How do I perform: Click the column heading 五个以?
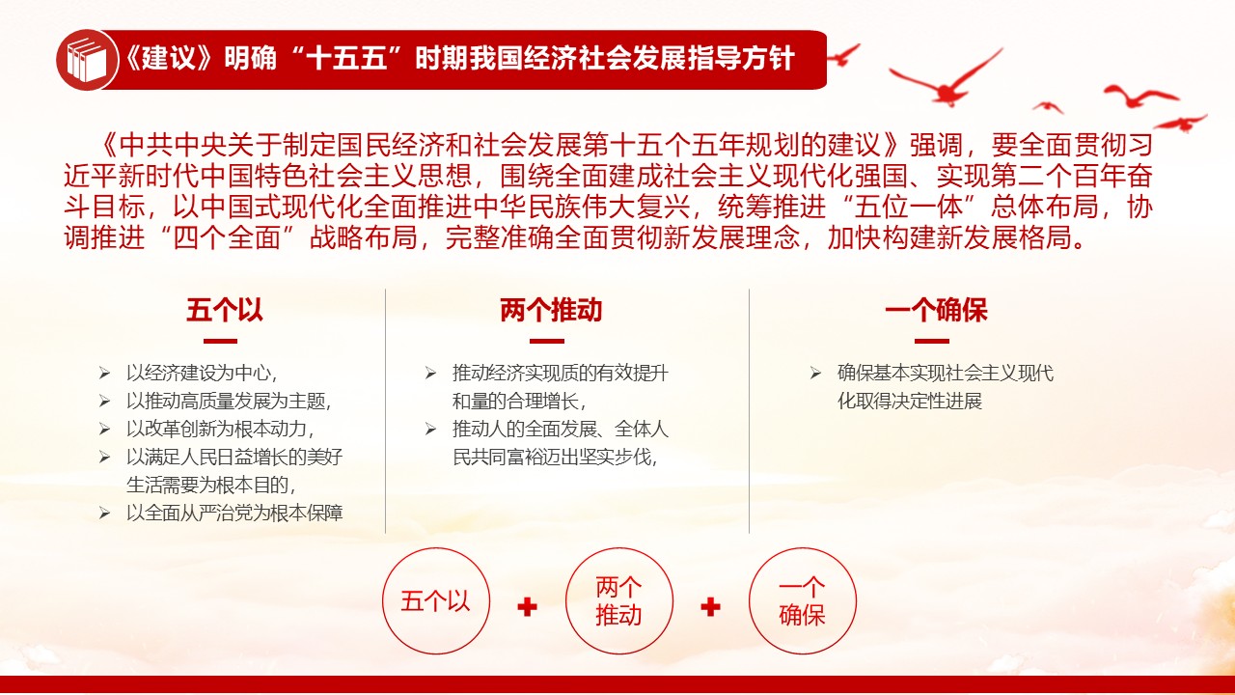tap(225, 310)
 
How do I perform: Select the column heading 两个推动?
tap(551, 310)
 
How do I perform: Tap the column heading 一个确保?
tap(936, 310)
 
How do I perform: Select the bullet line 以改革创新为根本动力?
tap(220, 429)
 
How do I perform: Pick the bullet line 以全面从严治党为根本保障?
tap(234, 514)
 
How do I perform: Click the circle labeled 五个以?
tap(436, 601)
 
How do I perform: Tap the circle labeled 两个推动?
tap(618, 601)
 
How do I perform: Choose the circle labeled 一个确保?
tap(802, 601)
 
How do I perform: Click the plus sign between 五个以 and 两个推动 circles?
tap(527, 607)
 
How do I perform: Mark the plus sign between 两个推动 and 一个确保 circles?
tap(710, 607)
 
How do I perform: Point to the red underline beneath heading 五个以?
tap(221, 341)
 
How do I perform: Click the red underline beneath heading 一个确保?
tap(932, 341)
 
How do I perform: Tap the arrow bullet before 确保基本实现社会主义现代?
tap(815, 374)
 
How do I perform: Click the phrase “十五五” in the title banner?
tap(348, 59)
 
